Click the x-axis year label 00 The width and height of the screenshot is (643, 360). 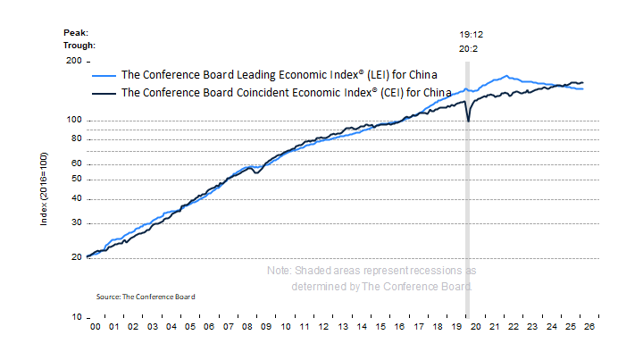[x=95, y=329]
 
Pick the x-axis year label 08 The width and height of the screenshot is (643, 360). [x=247, y=329]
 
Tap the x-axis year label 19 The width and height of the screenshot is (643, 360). [x=455, y=329]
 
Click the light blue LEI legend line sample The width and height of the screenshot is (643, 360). [x=104, y=76]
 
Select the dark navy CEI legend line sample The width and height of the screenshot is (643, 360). [x=104, y=92]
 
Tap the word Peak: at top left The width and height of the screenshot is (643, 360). [x=75, y=32]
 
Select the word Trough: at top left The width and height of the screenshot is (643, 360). [x=79, y=45]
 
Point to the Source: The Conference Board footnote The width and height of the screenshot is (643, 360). [x=145, y=296]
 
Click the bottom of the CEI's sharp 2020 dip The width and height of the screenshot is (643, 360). [x=468, y=121]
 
